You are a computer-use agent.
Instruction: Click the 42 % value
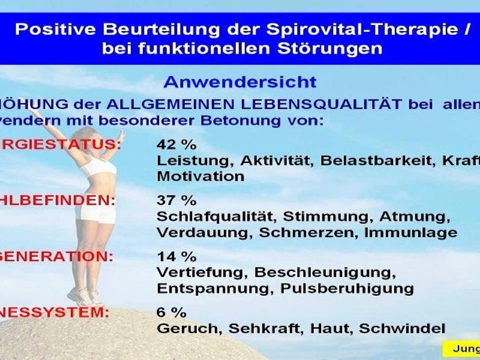pos(176,145)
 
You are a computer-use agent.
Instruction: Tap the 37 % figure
pos(176,201)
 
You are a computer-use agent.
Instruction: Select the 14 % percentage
pos(176,257)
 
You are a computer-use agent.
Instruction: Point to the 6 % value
pos(171,313)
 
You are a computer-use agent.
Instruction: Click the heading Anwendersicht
pos(240,81)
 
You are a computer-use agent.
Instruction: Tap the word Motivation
pos(200,176)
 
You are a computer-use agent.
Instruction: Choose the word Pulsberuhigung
pos(346,289)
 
